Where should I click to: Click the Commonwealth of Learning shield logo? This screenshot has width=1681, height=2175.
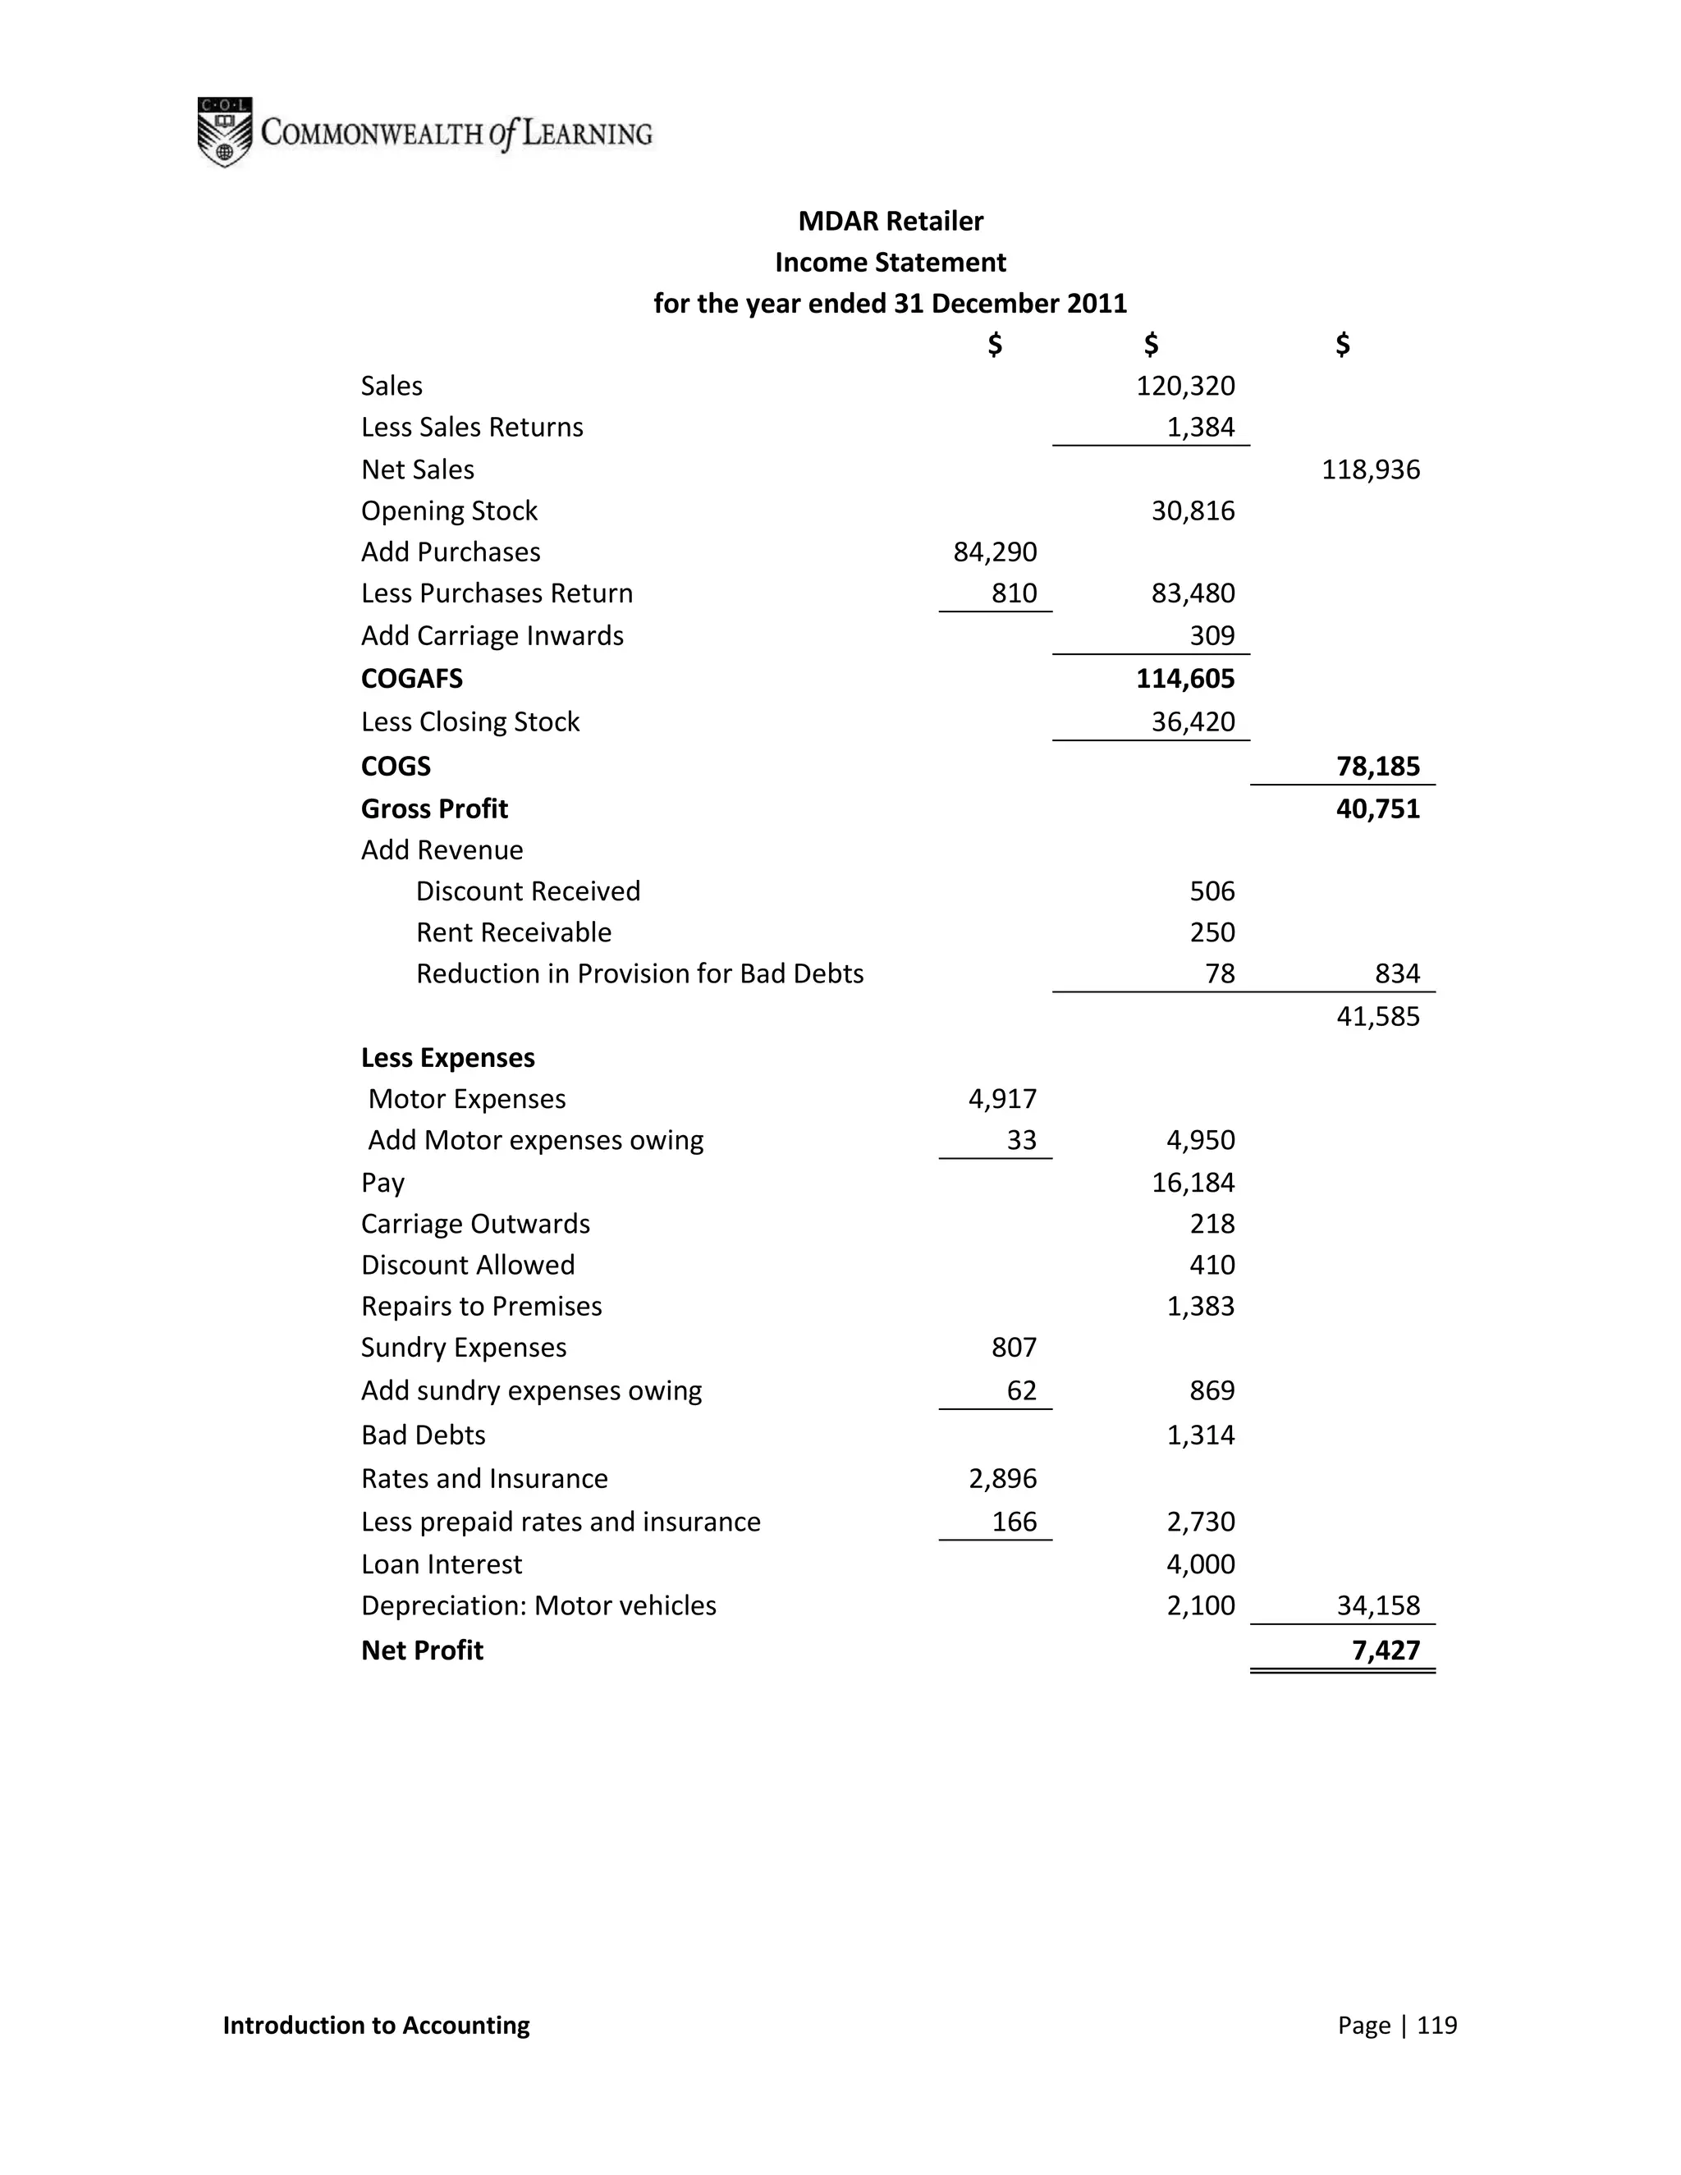point(224,132)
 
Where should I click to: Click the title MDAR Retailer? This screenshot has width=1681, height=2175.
point(891,221)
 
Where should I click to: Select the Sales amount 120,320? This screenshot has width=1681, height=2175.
point(1185,387)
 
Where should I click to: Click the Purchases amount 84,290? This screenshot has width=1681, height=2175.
point(995,552)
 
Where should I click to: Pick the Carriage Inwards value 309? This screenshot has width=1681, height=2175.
point(1212,635)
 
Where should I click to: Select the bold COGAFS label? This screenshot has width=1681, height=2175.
point(411,680)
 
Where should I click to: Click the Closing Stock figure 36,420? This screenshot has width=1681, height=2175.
point(1192,722)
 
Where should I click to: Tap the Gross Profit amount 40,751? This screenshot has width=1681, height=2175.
point(1377,808)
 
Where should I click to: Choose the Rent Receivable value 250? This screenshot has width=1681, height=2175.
point(1212,932)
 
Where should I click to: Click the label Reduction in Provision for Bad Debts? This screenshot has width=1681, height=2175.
point(639,974)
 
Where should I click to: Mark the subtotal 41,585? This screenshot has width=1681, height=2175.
point(1377,1017)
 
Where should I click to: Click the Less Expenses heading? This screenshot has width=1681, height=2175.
point(447,1058)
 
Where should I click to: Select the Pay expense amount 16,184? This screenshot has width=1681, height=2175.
point(1192,1183)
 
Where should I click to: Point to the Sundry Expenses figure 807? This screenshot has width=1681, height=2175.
point(1014,1348)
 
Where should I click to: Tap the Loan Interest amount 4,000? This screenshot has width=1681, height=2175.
point(1200,1564)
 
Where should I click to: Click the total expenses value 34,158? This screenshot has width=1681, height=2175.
point(1377,1605)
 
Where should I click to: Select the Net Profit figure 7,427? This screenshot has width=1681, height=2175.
point(1386,1651)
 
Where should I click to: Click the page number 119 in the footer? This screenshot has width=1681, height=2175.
point(1436,2025)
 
